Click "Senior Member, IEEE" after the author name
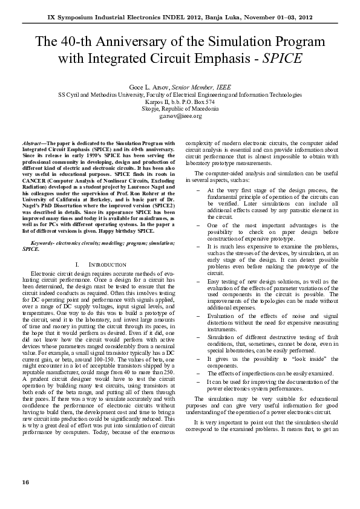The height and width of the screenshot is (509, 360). pos(202,87)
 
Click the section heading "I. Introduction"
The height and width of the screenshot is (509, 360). pos(99,265)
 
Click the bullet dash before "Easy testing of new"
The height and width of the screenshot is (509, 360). pos(200,281)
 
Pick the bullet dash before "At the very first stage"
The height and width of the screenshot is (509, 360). pos(200,190)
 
